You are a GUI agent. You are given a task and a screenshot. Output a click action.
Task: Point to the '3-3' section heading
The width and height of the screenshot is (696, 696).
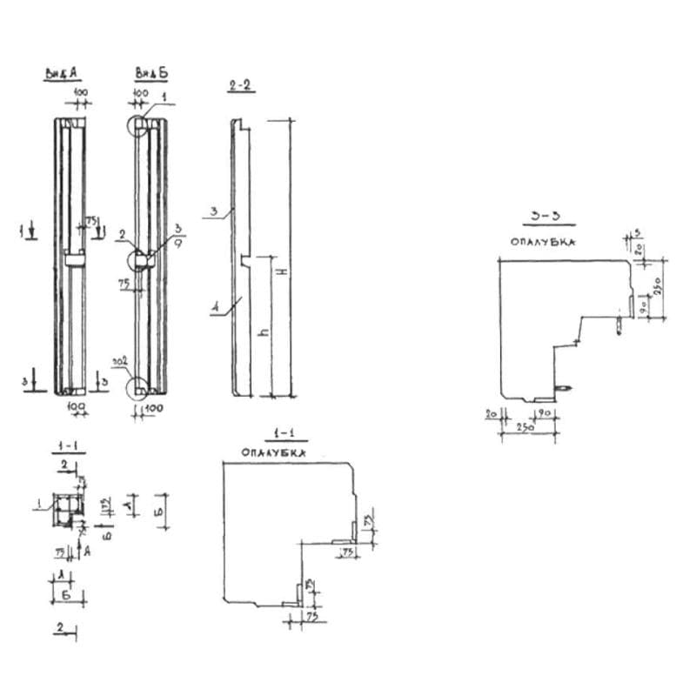click(542, 215)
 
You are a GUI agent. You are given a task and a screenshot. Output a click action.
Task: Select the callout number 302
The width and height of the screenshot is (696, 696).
click(122, 358)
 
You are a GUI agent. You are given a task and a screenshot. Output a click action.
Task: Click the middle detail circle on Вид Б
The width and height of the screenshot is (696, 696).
click(141, 259)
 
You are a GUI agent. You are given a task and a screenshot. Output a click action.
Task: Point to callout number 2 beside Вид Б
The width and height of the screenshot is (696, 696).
click(124, 233)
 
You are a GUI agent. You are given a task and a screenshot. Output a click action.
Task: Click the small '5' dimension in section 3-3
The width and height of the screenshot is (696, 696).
click(638, 233)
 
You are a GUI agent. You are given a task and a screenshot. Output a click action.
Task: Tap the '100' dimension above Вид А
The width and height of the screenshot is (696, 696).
click(80, 91)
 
